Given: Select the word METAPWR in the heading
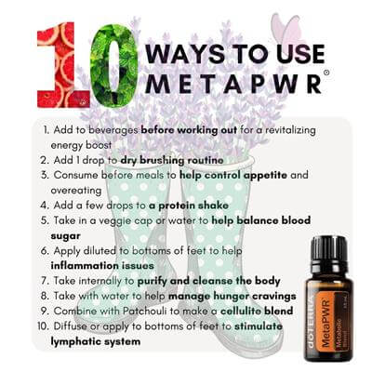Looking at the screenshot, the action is (x=233, y=83).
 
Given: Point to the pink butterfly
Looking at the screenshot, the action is (x=286, y=29).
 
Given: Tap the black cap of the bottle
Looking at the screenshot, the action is (x=328, y=249).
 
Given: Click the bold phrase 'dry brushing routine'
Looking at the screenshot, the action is (x=172, y=160).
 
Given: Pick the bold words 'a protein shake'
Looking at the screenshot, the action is (x=189, y=206).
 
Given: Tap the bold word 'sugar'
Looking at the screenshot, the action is (x=65, y=236).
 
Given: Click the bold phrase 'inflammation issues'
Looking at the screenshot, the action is (x=102, y=266).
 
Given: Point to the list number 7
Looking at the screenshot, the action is (x=45, y=281).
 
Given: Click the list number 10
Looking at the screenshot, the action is (x=43, y=326).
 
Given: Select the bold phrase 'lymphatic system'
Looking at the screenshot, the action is (x=96, y=341).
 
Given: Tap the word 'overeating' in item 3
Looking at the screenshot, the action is (x=76, y=191).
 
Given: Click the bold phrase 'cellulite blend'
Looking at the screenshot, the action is (x=257, y=311).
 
